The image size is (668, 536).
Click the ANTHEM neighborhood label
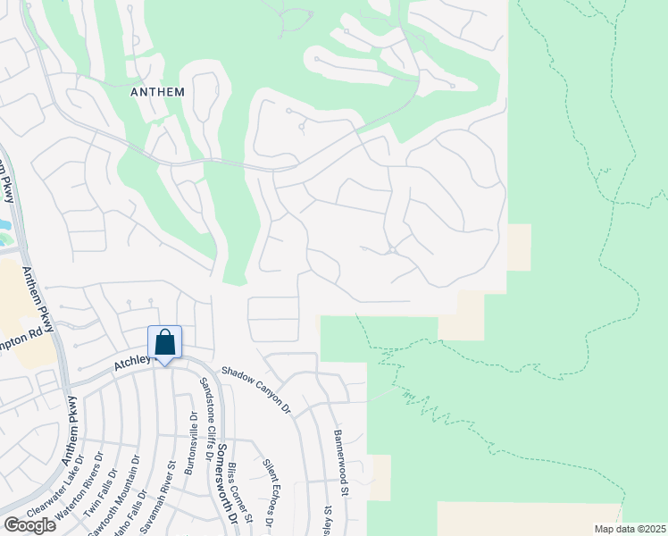(157, 92)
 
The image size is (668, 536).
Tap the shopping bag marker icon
(164, 342)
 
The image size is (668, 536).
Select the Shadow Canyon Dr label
(256, 389)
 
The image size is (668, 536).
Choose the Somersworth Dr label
(227, 483)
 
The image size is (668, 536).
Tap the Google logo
(29, 525)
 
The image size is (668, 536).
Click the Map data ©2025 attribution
(629, 529)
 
